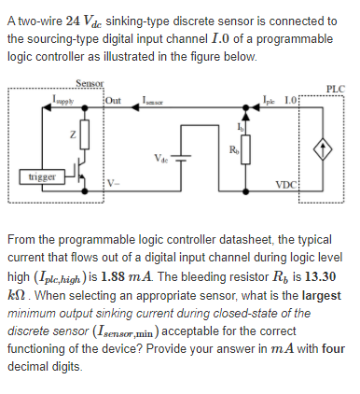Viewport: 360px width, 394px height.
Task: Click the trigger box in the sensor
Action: [42, 176]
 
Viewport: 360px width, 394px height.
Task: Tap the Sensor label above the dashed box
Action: [90, 83]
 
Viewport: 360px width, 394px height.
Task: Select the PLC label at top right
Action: [336, 89]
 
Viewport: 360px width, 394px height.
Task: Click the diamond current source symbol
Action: [323, 150]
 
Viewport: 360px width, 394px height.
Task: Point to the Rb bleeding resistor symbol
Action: [246, 149]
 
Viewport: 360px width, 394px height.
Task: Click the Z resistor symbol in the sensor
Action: [85, 134]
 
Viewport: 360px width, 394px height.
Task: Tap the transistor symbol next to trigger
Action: [80, 170]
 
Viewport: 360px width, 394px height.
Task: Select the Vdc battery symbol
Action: [181, 158]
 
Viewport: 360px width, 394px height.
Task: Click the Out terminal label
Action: [113, 101]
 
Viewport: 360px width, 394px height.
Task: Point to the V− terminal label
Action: [113, 183]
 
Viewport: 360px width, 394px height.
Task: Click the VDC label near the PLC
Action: [286, 185]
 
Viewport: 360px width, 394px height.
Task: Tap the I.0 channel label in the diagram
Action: [291, 101]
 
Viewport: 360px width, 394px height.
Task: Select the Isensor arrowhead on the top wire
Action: [135, 107]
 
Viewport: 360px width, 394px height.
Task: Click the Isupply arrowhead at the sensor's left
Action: [47, 107]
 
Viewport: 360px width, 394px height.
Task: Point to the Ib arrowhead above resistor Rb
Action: [246, 116]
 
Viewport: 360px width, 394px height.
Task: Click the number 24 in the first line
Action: [73, 21]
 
